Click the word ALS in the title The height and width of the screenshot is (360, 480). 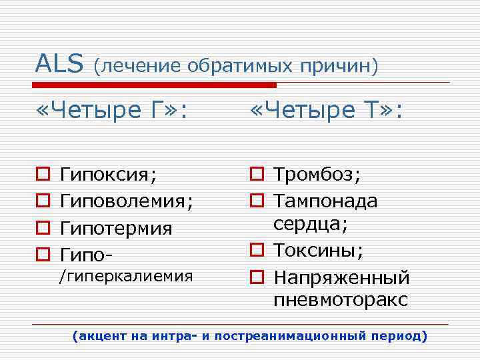(x=59, y=65)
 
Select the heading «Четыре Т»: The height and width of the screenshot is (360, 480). (x=326, y=111)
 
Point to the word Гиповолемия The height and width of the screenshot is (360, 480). (x=126, y=202)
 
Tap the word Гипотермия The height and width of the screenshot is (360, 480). (x=116, y=229)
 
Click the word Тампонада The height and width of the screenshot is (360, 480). (x=325, y=201)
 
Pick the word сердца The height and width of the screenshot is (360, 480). (x=309, y=225)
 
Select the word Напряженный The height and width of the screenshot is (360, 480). (x=341, y=277)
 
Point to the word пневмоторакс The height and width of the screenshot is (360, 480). (x=340, y=300)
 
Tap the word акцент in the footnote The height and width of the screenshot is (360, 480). (x=101, y=336)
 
